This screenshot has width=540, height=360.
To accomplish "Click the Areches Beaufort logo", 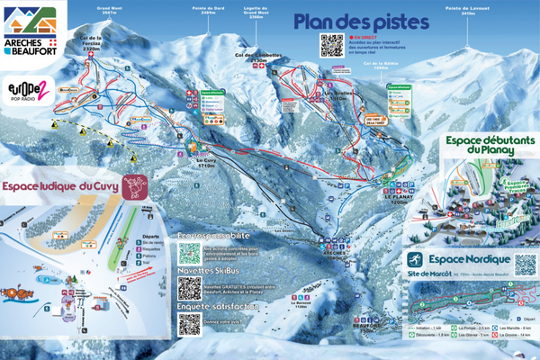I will [32, 30].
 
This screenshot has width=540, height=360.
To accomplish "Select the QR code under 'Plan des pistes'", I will [331, 45].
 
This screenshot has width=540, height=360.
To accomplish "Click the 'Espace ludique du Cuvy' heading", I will [61, 186].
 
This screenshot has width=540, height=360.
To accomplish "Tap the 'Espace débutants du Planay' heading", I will [490, 146].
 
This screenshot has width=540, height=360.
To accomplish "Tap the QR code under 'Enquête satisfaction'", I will [189, 328].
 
